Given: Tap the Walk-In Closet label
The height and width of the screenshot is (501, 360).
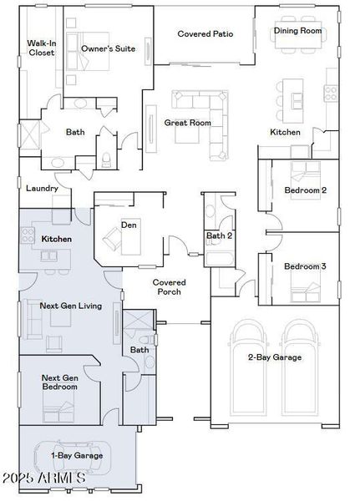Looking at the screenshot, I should click(x=40, y=48).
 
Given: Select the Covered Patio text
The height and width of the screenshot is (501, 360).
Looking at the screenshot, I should click(x=205, y=34).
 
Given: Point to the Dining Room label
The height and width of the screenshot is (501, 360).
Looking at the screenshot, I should click(x=298, y=31).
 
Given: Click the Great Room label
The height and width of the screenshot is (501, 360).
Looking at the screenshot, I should click(x=187, y=123).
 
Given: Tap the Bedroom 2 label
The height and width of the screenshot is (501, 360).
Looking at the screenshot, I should click(x=305, y=190).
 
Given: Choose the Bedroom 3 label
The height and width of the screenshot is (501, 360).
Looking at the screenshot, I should click(x=305, y=266).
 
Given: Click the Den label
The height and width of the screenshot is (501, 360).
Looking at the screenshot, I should click(x=129, y=224).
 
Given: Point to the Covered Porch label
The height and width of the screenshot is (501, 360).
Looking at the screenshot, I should click(x=168, y=287).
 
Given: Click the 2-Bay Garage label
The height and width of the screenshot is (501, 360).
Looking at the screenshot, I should click(x=275, y=357).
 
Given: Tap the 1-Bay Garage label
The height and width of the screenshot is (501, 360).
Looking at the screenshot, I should click(x=77, y=455).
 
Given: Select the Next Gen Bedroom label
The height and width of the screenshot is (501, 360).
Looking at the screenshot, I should click(x=60, y=382).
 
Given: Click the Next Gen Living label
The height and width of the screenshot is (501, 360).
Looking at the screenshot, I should click(x=71, y=306).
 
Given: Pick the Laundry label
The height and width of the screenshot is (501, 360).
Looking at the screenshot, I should click(x=43, y=189).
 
